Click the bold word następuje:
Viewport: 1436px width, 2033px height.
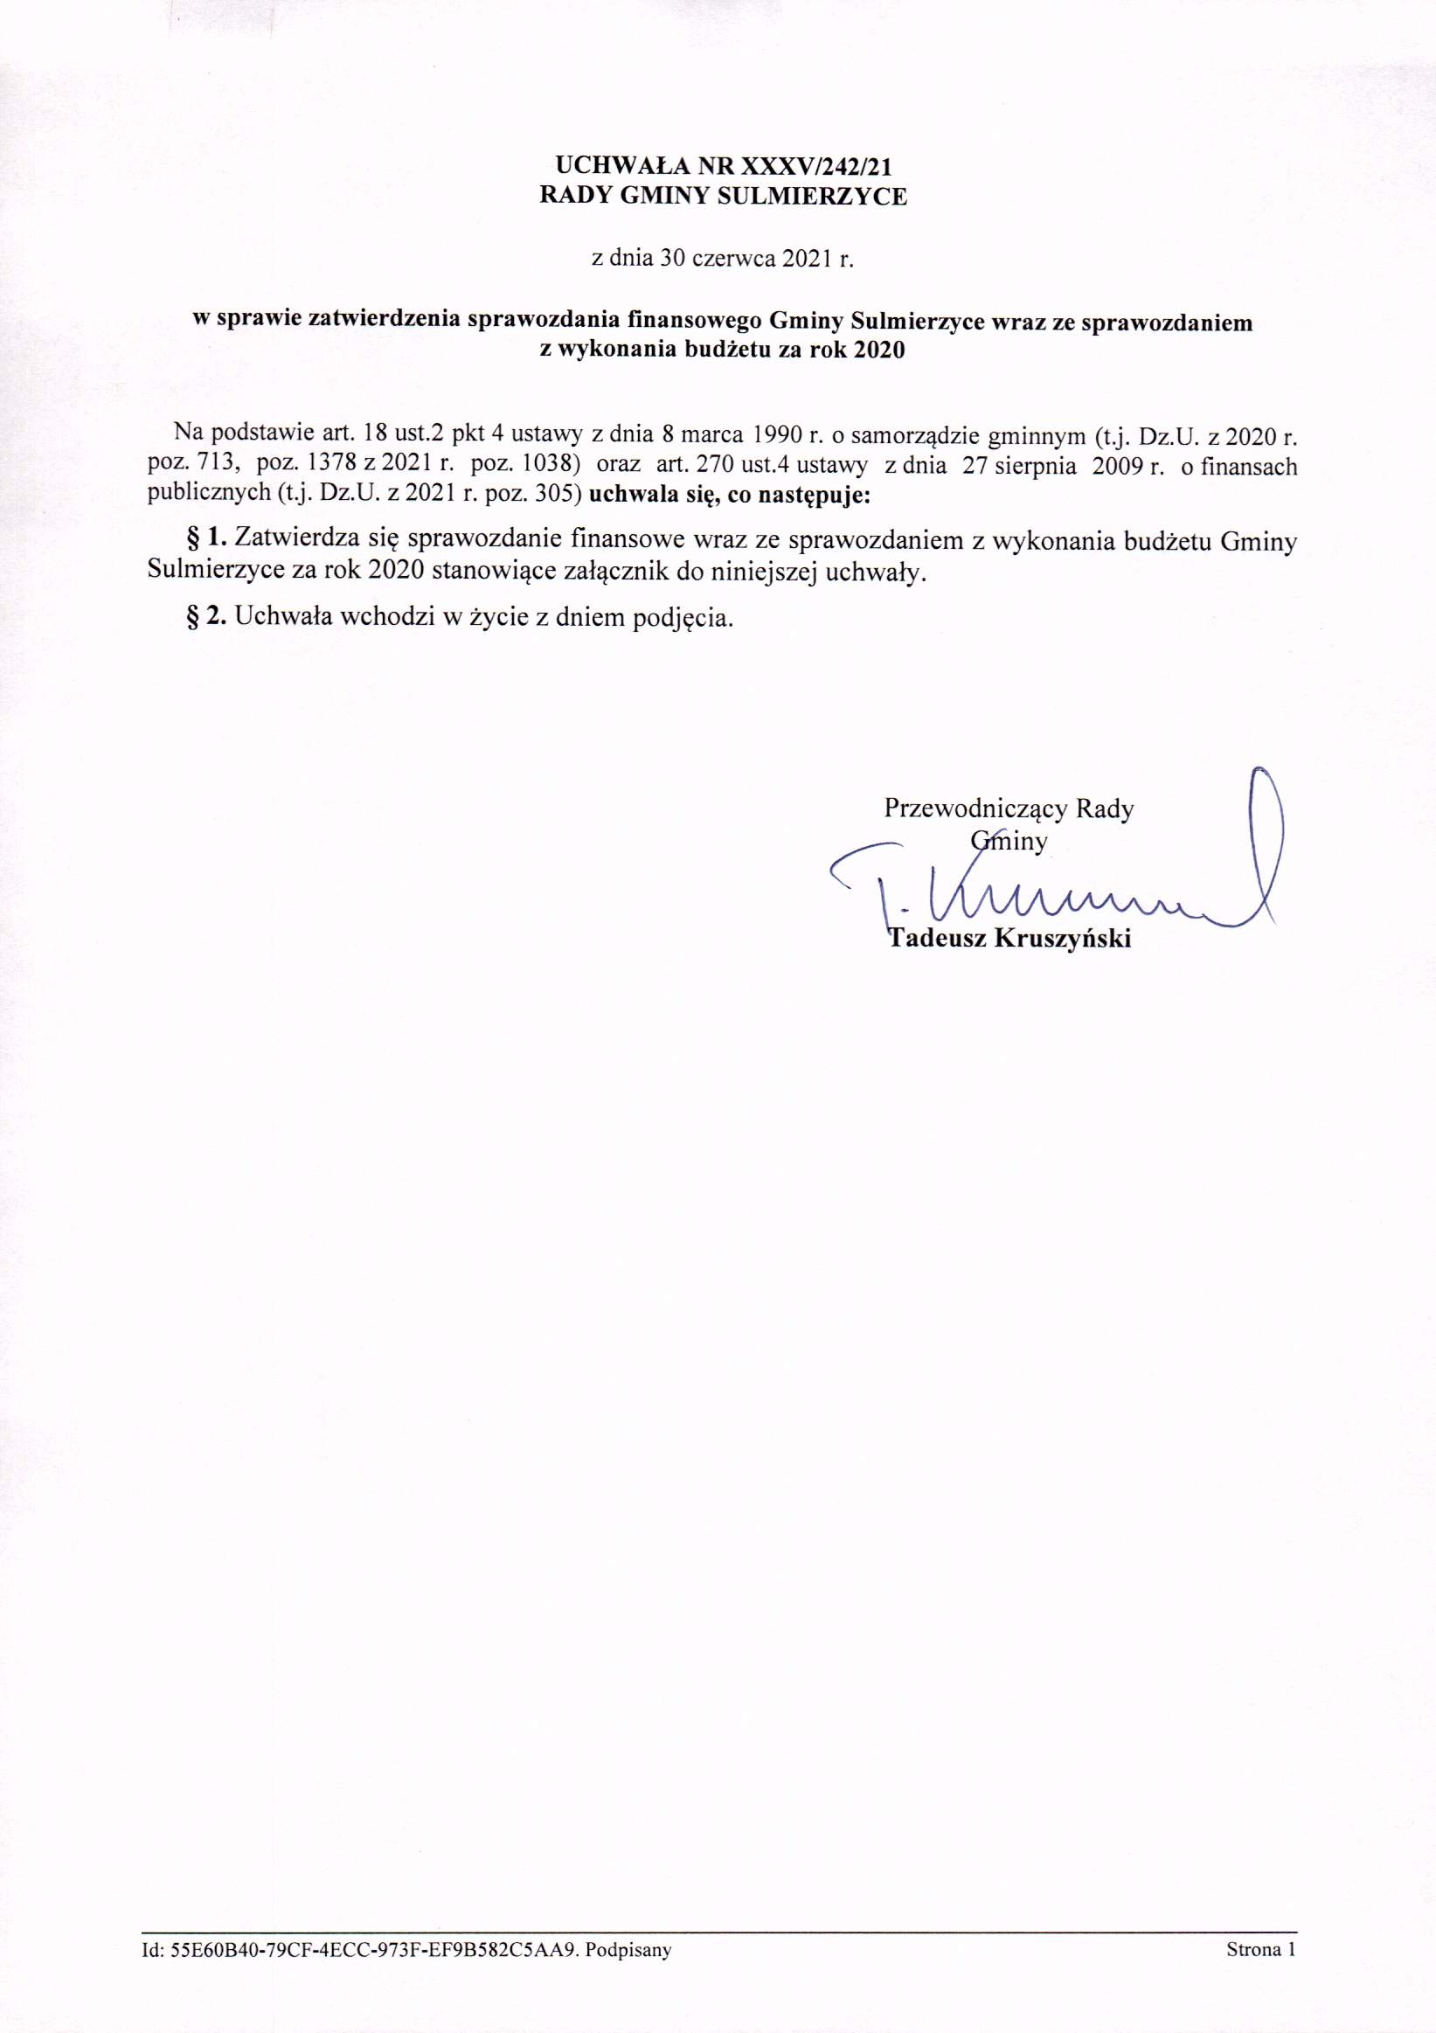[815, 495]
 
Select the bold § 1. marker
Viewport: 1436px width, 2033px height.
[206, 538]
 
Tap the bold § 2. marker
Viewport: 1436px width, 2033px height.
[206, 616]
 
